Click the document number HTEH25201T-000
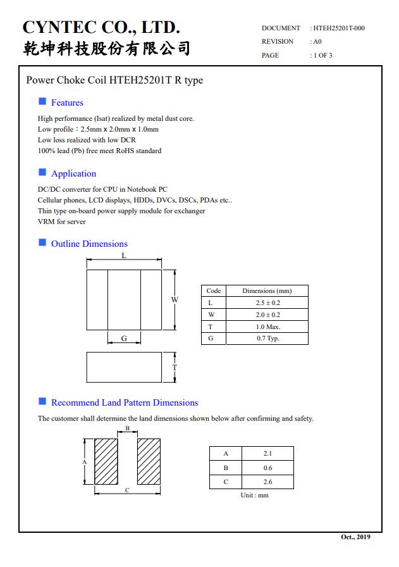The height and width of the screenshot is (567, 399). coord(339,28)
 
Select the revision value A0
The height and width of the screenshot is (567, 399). coord(317,42)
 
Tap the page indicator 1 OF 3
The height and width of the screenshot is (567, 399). coord(322,56)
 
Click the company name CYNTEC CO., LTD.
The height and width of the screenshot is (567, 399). coord(102,27)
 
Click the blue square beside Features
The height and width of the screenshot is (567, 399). coord(42,101)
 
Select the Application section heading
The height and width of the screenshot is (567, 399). coord(73,173)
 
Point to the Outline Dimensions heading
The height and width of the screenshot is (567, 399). coord(89,244)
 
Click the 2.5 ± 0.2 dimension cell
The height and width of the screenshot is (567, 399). coord(267,303)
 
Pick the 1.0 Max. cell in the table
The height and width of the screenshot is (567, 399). coord(267,327)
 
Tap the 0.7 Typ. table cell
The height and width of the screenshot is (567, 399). coord(267,339)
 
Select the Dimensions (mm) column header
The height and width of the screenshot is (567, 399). coord(267,291)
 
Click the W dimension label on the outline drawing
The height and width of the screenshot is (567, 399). coord(175,299)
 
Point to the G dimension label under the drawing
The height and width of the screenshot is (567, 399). coord(124,339)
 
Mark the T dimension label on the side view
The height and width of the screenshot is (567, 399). coord(175,368)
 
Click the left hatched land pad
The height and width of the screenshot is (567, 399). coord(106,462)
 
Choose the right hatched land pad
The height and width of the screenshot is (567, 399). coord(149,462)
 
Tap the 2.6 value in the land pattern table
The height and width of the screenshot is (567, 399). coord(267,482)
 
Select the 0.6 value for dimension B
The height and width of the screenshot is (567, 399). coord(267,468)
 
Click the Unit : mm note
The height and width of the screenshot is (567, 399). coord(254,495)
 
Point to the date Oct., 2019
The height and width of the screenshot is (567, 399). coord(356,537)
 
